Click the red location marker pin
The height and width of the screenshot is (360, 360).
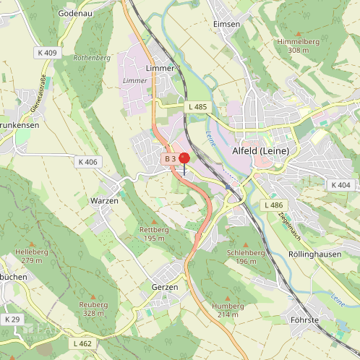[184, 159]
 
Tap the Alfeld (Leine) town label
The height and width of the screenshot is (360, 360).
[260, 150]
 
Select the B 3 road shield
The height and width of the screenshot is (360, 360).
[170, 158]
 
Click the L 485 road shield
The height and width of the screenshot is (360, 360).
[197, 107]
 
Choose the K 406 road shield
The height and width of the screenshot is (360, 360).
[86, 162]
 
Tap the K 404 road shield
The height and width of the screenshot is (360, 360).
[340, 185]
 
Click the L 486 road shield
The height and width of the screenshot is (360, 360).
[274, 205]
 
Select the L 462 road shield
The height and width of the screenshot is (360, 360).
[82, 343]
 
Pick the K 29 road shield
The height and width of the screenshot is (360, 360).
[12, 319]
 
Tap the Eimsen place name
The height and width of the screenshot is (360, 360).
[226, 24]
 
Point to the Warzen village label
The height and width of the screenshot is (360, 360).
[103, 200]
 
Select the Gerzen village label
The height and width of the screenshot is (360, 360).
[165, 286]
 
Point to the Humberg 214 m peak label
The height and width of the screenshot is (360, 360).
[227, 310]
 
